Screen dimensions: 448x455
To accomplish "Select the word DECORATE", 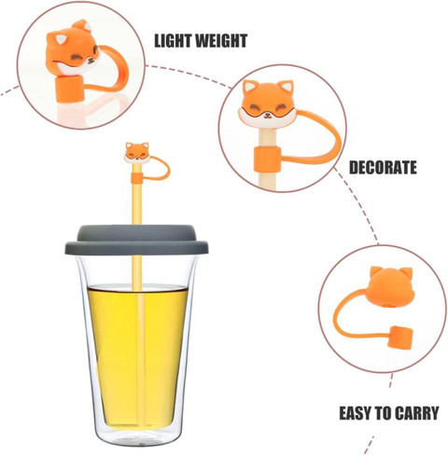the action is (383, 168).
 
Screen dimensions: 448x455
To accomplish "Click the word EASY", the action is (355, 413).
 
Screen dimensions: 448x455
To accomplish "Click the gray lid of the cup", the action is (136, 240).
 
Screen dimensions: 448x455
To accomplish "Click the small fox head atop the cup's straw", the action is (137, 152).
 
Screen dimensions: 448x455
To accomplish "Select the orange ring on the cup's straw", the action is (136, 178).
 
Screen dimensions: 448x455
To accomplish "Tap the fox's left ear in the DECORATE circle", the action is (249, 87).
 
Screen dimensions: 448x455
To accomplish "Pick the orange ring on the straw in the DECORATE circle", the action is (267, 159).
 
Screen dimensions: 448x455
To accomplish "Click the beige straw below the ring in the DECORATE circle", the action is (268, 180).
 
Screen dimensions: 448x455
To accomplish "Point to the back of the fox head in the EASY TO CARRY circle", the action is (389, 286).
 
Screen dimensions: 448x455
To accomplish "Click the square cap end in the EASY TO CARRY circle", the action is (401, 337).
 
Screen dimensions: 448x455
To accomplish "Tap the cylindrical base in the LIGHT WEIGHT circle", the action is (71, 89).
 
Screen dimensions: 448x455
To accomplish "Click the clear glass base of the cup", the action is (137, 435).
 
